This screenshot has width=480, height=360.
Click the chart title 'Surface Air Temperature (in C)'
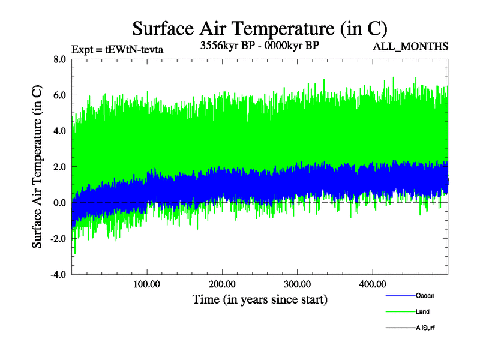pos(260,28)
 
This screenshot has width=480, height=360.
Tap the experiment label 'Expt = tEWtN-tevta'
pos(117,49)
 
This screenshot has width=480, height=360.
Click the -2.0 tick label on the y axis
pos(58,239)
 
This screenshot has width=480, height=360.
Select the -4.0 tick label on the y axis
pos(58,275)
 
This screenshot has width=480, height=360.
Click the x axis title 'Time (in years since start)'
pos(260,299)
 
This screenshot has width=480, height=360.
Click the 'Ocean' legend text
pos(425,295)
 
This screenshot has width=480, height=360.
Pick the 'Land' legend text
pos(422,311)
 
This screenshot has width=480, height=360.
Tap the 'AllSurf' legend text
pos(425,328)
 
